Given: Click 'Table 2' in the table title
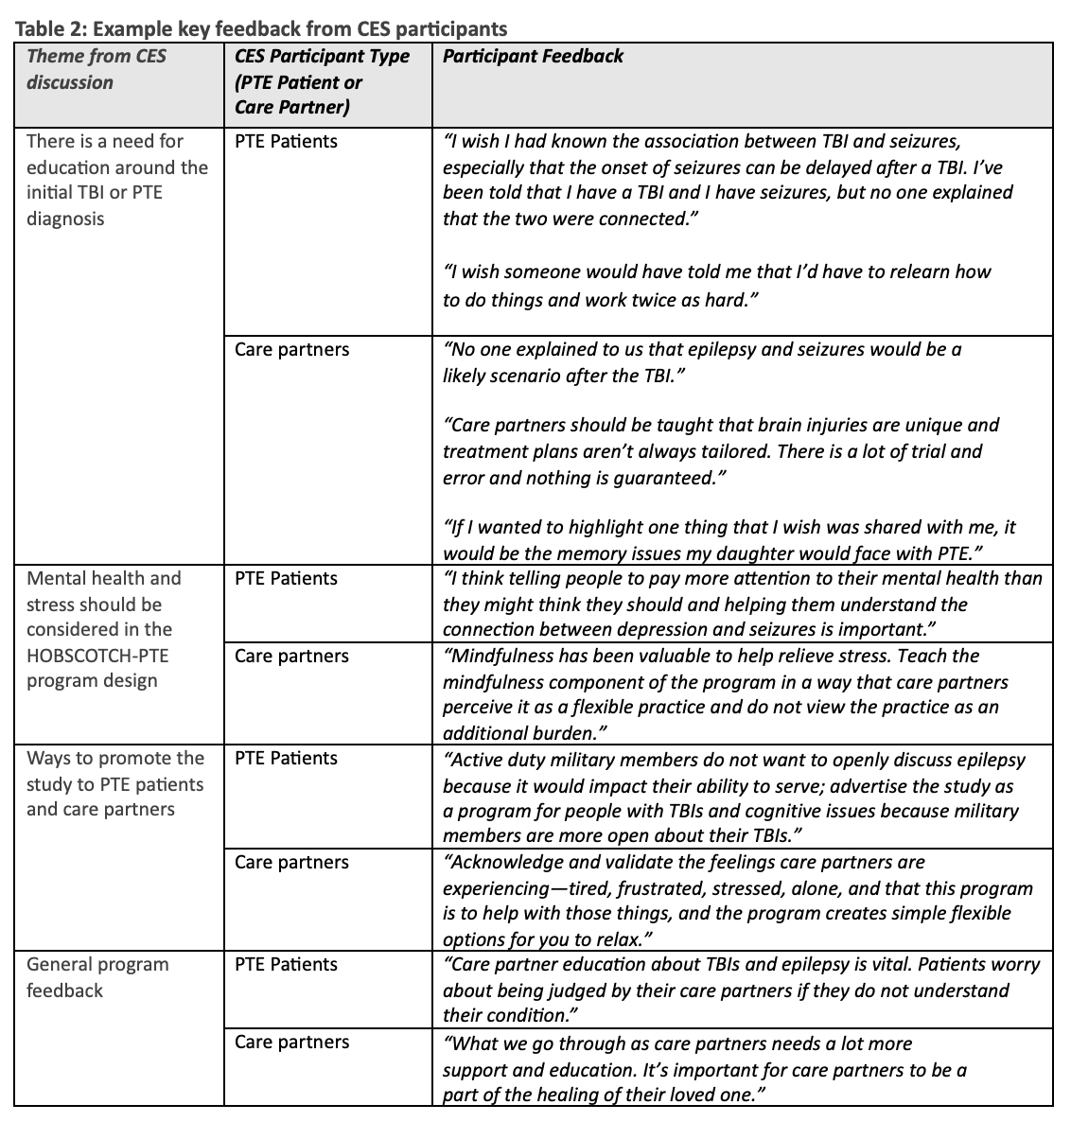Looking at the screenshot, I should [46, 28].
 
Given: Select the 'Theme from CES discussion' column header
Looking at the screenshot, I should [96, 69].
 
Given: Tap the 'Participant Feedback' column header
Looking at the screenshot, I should [533, 56].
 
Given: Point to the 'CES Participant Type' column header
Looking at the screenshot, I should [322, 56].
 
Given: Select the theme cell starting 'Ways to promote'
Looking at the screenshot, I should [114, 783].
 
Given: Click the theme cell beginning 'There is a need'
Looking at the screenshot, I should [116, 180].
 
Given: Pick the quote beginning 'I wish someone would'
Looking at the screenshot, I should [716, 286].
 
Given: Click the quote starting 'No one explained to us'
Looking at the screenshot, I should [701, 362].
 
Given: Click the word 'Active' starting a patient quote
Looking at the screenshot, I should [480, 760].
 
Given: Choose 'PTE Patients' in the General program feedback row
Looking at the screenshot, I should [286, 964].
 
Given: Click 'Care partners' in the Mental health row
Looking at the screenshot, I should [291, 656].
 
